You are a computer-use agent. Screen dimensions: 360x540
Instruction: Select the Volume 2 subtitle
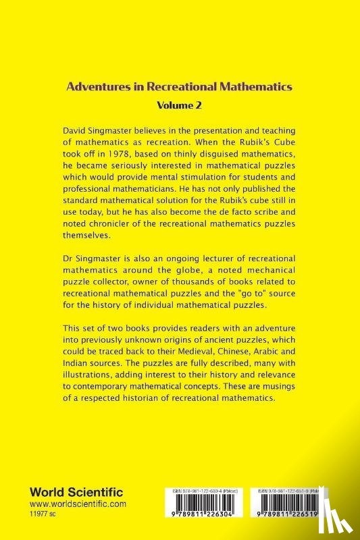[180, 105]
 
